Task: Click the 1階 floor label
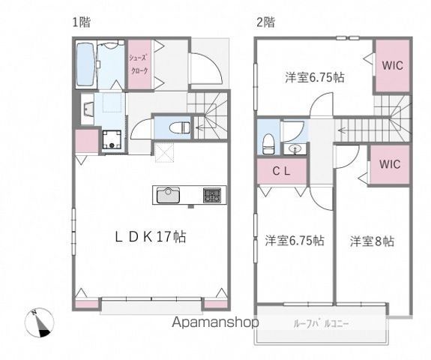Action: [x=81, y=22]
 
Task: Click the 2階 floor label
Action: [x=265, y=22]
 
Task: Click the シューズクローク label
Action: [x=139, y=65]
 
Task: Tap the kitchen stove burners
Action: [x=211, y=196]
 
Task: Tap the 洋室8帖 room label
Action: [x=372, y=241]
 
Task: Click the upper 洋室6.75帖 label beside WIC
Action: [x=314, y=76]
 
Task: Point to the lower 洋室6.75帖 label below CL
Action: [x=294, y=241]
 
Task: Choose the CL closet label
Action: [x=281, y=170]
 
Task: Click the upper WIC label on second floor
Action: [x=391, y=65]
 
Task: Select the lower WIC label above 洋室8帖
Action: [x=389, y=164]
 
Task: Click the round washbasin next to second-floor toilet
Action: [x=295, y=148]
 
